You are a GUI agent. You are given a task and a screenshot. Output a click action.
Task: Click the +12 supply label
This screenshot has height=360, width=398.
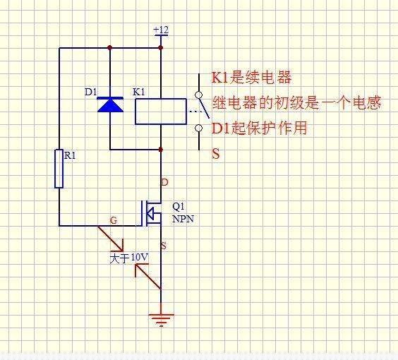[x=161, y=30]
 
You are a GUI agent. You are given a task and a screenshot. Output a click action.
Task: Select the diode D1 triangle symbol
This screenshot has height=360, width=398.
[x=110, y=104]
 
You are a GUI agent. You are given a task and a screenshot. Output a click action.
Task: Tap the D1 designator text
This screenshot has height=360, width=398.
[x=91, y=92]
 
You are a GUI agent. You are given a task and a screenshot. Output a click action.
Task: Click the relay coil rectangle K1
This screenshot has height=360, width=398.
[x=160, y=111]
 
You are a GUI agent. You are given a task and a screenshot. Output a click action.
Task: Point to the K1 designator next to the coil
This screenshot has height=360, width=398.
[x=139, y=92]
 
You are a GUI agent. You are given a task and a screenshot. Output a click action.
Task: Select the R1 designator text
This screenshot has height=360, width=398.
[x=70, y=156]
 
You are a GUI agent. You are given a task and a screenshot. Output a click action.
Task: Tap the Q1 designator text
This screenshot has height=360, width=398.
[x=178, y=207]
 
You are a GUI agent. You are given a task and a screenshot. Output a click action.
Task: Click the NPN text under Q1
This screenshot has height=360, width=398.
[x=183, y=219]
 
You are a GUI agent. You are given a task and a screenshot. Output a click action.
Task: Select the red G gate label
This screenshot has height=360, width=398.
[x=114, y=220]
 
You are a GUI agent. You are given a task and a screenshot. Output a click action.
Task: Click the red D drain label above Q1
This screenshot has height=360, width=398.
[x=165, y=182]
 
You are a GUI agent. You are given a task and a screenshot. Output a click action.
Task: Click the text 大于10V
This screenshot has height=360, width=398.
[x=129, y=258]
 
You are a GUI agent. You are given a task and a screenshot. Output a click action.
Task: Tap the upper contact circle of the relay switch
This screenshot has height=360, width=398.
[x=199, y=95]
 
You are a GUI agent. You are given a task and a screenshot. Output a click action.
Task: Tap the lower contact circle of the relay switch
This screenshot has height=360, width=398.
[x=199, y=128]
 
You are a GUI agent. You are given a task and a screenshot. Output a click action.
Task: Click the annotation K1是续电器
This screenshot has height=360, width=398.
[x=251, y=78]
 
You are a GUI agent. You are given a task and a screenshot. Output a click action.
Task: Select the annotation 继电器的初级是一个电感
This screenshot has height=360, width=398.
[x=296, y=103]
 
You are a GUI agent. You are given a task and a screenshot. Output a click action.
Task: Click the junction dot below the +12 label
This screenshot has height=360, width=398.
[x=161, y=48]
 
